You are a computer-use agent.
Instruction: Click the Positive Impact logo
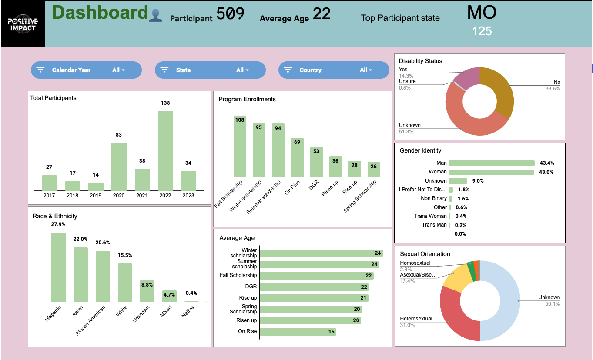tap(23, 24)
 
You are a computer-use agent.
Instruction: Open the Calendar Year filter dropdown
tap(86, 70)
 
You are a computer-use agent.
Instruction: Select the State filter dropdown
tap(210, 70)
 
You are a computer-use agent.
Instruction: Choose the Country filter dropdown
tap(334, 70)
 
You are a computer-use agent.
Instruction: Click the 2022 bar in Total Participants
tap(165, 150)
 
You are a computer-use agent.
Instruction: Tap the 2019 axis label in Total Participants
tap(96, 196)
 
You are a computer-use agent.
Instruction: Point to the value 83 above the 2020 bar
tap(119, 135)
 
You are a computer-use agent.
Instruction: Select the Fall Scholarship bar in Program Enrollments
tap(240, 146)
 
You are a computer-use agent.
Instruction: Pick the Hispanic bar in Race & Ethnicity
tap(58, 267)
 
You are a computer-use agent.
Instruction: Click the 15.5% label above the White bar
tap(125, 255)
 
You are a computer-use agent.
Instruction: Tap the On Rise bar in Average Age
tap(298, 332)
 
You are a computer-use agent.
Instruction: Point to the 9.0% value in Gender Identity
tap(478, 181)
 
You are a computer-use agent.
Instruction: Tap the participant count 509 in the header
tap(230, 14)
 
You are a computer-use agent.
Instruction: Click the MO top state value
tap(482, 13)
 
